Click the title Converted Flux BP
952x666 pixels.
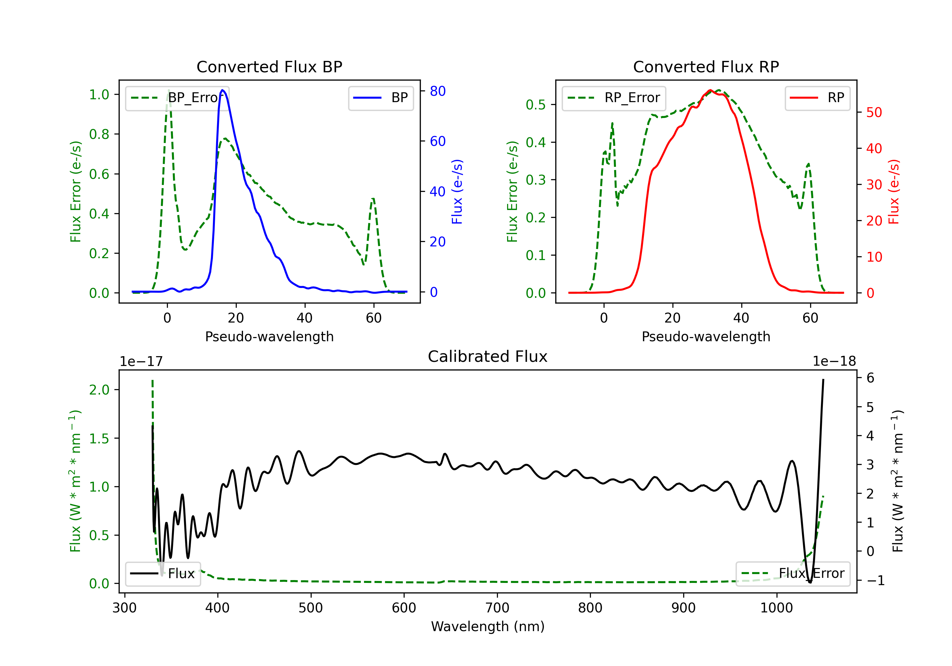[269, 67]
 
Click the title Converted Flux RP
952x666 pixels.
[706, 67]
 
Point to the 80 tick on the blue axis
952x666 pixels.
[437, 91]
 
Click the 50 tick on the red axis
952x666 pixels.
[874, 112]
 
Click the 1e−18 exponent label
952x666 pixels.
[834, 362]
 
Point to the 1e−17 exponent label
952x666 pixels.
[142, 362]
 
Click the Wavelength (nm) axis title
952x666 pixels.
[488, 626]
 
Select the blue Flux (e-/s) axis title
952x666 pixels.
[457, 192]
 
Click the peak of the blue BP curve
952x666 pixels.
[223, 90]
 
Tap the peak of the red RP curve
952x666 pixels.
[710, 90]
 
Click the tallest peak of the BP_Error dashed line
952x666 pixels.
[168, 90]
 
